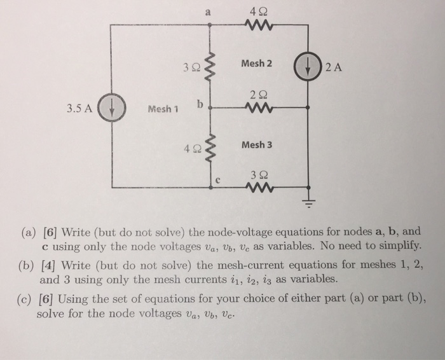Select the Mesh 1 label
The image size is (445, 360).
pos(161,109)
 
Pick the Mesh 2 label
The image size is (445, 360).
pos(256,64)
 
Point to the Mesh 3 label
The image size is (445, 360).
pos(257,144)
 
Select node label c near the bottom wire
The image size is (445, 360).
pos(217,181)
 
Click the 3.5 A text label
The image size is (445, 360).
pos(81,107)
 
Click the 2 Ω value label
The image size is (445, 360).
pos(257,93)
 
